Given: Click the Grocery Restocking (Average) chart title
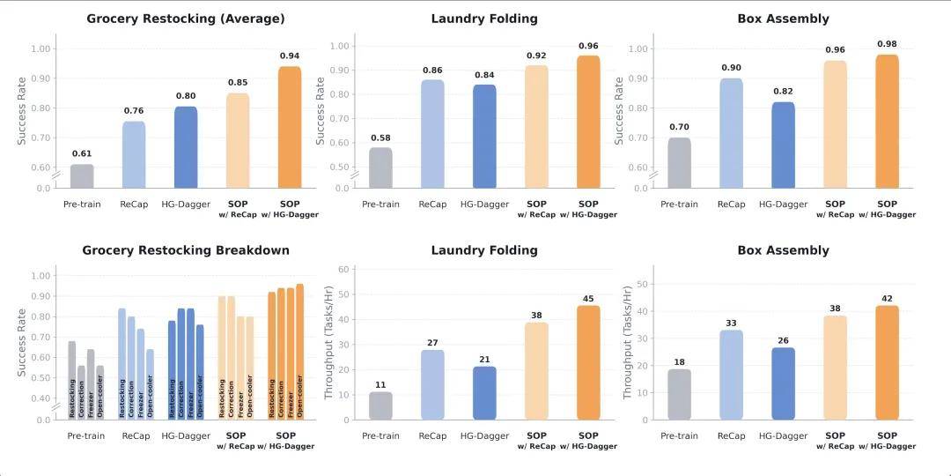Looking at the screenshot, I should tap(185, 19).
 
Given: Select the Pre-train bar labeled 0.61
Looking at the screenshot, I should tap(81, 176).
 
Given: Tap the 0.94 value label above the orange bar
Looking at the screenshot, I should tap(289, 56).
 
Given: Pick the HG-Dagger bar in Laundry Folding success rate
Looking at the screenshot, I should tap(484, 136).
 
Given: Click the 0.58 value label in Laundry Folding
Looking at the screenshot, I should tap(380, 138).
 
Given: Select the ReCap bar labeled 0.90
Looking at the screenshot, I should tap(731, 133).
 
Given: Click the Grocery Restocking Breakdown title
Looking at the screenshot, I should tap(186, 250).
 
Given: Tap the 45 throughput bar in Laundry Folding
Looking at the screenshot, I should tap(588, 362).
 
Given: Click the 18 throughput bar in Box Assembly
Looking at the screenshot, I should tap(679, 394).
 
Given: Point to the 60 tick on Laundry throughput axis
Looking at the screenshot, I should tap(345, 269).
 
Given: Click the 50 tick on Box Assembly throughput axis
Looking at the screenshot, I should tap(643, 284).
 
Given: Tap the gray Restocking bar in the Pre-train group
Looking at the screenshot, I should tap(72, 379).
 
